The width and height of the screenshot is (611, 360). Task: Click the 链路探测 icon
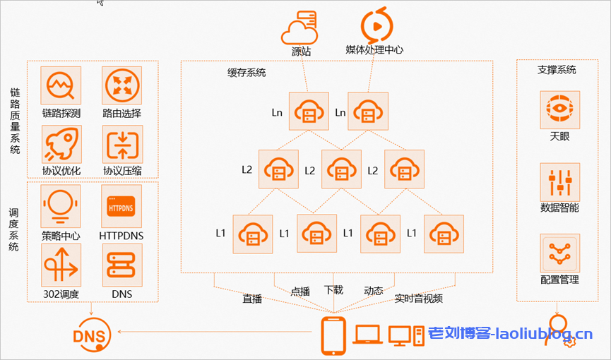(61, 87)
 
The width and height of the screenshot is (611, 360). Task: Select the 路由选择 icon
(122, 87)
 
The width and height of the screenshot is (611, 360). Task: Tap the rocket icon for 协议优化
(61, 145)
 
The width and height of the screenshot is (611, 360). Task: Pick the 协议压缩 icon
(122, 145)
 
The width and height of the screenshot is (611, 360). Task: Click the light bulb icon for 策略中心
(61, 205)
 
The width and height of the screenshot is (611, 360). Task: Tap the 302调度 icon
(61, 264)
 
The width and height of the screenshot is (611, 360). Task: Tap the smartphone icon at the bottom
(333, 335)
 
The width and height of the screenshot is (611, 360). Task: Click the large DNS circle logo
(92, 334)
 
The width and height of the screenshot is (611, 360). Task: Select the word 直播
(252, 299)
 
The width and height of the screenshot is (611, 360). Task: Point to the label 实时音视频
(419, 299)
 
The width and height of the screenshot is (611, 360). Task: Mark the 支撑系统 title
(557, 70)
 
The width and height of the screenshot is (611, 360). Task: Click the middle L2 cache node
(341, 169)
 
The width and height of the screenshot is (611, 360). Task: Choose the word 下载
(333, 289)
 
